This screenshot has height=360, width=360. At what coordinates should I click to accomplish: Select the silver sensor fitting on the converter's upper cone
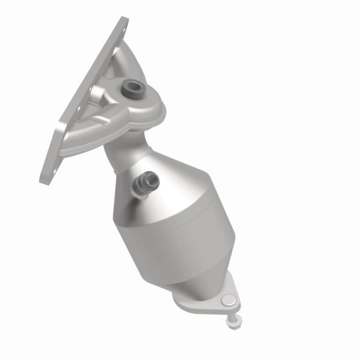(147, 181)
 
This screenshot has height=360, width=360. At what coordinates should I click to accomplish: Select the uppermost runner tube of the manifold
(114, 57)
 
